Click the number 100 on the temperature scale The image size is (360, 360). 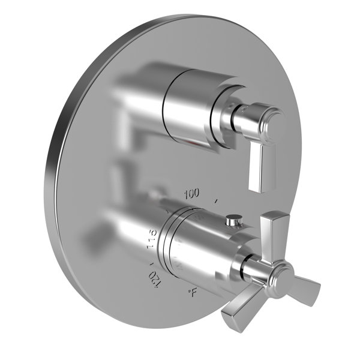click(191, 194)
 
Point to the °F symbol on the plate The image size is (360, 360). click(192, 293)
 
